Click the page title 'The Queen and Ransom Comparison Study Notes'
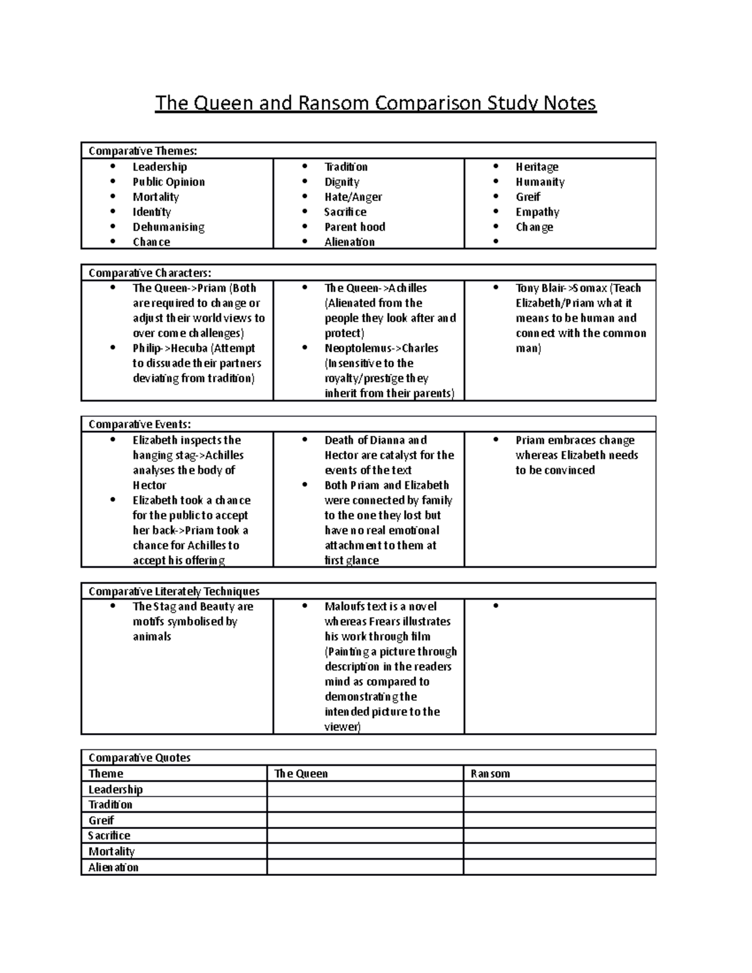point(375,103)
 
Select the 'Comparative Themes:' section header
point(143,151)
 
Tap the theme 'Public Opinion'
point(169,182)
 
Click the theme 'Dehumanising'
point(169,227)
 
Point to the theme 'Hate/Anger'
point(353,197)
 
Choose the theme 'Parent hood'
point(355,227)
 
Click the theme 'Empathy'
point(537,212)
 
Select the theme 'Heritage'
point(537,167)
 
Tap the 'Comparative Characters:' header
point(150,273)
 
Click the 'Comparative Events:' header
point(140,424)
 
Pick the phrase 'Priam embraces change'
point(575,440)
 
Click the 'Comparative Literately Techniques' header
point(174,591)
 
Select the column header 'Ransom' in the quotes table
point(490,774)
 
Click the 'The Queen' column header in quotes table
point(301,774)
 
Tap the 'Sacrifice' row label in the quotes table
point(109,836)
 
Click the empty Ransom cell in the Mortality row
point(559,851)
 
